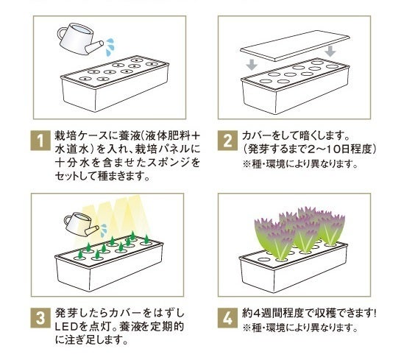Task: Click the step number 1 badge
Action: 40,141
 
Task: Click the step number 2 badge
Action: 227,141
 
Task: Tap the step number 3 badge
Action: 40,318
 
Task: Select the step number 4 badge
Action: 227,318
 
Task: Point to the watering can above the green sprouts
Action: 81,224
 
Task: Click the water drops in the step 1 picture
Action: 110,47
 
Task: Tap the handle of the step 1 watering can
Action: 61,34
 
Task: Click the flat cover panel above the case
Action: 295,46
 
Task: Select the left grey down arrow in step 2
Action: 252,65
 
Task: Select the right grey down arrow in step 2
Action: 330,52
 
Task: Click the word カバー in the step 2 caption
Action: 255,135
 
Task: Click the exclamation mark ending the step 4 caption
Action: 375,313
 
